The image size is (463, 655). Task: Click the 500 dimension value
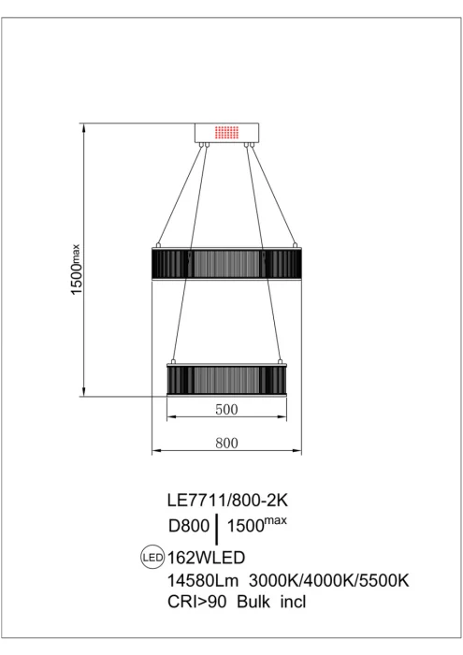[x=225, y=409]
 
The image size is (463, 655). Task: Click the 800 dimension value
[x=225, y=443]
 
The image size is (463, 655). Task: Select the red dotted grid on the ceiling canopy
[x=225, y=133]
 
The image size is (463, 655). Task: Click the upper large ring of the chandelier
[x=225, y=263]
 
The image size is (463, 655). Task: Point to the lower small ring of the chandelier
[x=225, y=379]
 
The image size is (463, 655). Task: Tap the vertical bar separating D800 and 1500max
[x=218, y=529]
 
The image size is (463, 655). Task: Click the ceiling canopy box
[x=225, y=134]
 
